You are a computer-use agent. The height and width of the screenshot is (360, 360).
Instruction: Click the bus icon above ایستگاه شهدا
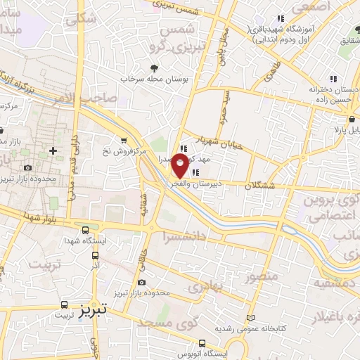click(86, 230)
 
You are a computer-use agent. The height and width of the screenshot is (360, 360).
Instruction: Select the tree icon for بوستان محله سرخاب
click(153, 68)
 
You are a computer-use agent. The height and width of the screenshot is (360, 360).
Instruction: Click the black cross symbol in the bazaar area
click(53, 150)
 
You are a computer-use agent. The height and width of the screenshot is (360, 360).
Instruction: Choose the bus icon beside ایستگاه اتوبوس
click(202, 344)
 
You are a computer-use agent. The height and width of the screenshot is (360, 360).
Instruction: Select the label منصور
click(261, 276)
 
